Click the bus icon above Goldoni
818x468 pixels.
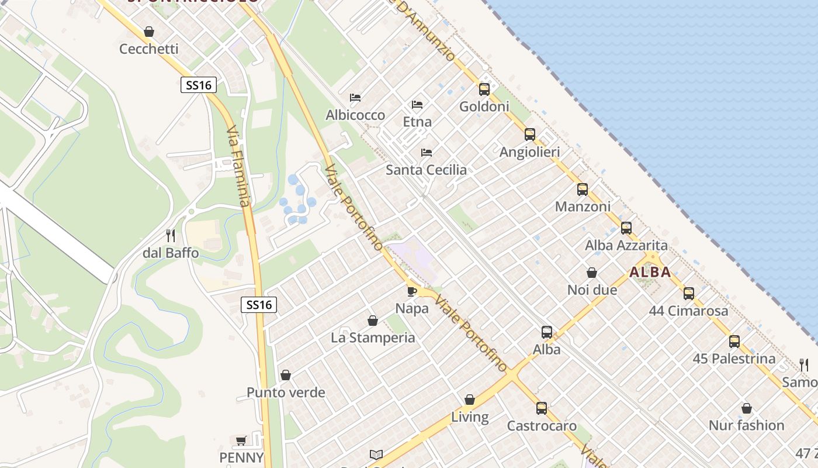[x=484, y=89]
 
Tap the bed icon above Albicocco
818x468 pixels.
[x=355, y=97]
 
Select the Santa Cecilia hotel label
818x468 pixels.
[x=426, y=170]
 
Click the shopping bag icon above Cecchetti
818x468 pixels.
[x=149, y=32]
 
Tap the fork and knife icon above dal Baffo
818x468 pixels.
[x=171, y=236]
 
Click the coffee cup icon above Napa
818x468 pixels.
[x=411, y=291]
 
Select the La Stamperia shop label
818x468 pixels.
[x=373, y=338]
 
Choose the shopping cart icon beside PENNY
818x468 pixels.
[x=241, y=440]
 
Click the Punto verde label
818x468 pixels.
[x=286, y=393]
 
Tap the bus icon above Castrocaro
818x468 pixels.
[x=542, y=408]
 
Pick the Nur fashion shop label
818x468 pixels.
[x=746, y=425]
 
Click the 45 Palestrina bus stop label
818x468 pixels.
[x=734, y=359]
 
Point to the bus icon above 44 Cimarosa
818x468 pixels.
[x=689, y=293]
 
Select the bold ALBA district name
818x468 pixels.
[x=650, y=272]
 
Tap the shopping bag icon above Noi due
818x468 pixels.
[x=592, y=273]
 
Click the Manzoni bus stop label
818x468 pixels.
[x=583, y=207]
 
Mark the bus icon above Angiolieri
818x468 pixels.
[x=529, y=135]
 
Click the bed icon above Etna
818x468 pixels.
[x=417, y=105]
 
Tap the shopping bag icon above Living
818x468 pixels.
[x=470, y=400]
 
